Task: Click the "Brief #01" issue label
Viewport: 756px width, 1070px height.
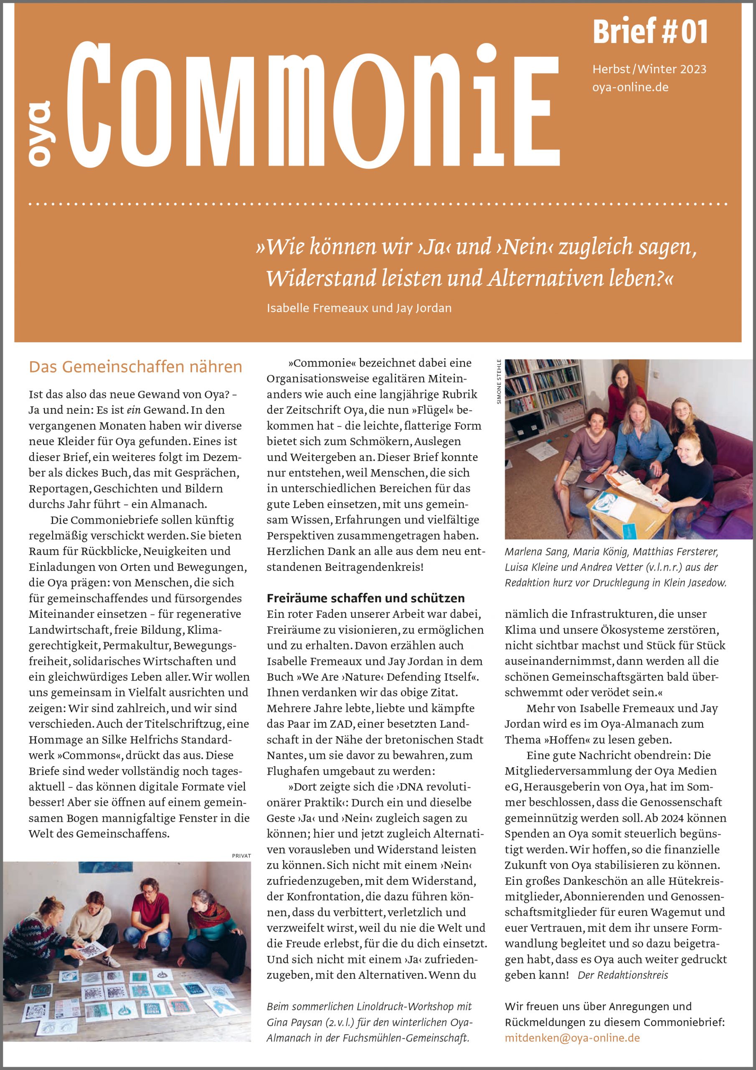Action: pos(650,32)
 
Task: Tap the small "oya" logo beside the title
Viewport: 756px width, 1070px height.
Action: pos(41,133)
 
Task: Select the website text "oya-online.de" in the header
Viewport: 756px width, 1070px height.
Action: pos(630,87)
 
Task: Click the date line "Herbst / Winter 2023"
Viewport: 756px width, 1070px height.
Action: pos(649,69)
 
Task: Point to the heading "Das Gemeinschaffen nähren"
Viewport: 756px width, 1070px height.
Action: pos(135,367)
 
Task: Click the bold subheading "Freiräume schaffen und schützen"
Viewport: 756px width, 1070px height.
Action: pos(365,598)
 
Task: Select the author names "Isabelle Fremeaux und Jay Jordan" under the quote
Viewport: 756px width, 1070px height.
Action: pos(359,308)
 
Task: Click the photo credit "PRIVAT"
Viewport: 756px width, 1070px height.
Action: pos(241,856)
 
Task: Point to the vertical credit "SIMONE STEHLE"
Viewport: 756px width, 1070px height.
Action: pos(499,381)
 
